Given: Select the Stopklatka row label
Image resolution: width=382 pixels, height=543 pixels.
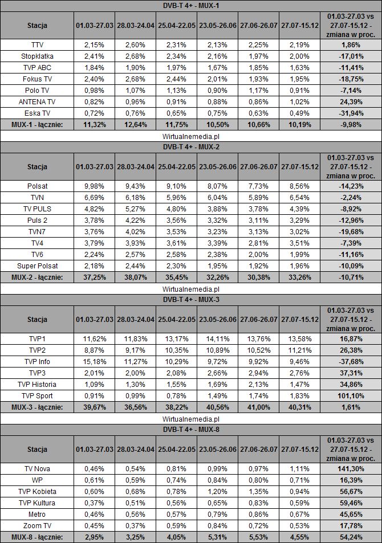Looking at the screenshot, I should click(x=37, y=55).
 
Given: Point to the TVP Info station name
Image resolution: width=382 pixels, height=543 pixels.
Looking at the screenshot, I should click(x=37, y=361).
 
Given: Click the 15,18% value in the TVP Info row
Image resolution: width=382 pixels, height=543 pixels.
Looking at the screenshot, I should click(x=95, y=361).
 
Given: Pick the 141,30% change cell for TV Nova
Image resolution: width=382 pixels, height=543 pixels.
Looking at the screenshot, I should click(x=350, y=468).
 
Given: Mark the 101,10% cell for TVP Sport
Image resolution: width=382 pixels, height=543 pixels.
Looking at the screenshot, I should click(x=350, y=396).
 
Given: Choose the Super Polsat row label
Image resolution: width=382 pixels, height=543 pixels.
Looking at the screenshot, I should click(x=37, y=265).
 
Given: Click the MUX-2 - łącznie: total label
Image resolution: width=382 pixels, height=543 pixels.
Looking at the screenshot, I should click(x=37, y=277).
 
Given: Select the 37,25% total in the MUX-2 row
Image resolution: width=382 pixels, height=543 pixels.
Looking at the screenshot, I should click(x=95, y=277).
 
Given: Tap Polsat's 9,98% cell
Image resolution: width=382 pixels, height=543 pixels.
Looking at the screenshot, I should click(x=95, y=186).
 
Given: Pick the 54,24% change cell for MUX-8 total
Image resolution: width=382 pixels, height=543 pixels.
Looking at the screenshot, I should click(x=350, y=536).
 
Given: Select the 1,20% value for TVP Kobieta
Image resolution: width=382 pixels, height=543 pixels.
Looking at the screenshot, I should click(x=218, y=491).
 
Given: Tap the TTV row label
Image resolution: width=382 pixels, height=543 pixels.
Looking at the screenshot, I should click(x=37, y=44).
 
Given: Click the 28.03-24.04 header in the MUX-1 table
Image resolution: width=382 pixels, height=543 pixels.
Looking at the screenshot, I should click(x=136, y=26).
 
